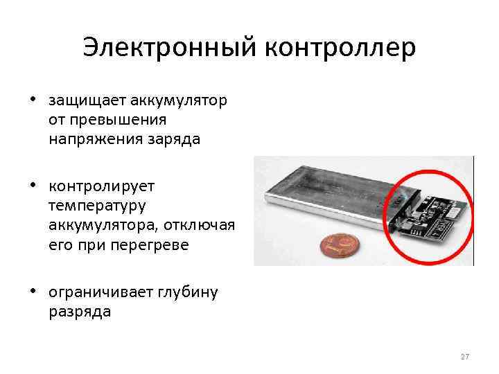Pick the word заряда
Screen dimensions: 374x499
point(174,139)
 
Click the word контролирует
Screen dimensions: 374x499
point(102,186)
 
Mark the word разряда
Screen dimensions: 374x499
point(79,312)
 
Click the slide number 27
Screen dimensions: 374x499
point(464,357)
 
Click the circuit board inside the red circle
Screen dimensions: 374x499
point(428,214)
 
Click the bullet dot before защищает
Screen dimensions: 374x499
point(33,98)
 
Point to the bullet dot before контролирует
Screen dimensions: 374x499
point(33,184)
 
